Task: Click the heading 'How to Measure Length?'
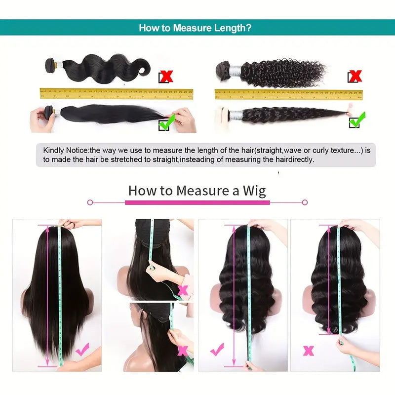(195, 28)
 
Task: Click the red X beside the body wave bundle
(166, 76)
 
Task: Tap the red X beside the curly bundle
(355, 76)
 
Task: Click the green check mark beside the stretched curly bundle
(357, 119)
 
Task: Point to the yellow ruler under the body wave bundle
(116, 93)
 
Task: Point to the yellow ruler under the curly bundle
(288, 94)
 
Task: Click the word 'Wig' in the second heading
(254, 190)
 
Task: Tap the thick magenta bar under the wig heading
(197, 202)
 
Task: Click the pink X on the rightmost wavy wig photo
(309, 351)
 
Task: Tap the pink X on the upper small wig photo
(183, 290)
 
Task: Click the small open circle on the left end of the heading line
(90, 202)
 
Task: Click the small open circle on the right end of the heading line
(305, 202)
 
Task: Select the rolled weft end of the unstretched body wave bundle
(50, 65)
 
